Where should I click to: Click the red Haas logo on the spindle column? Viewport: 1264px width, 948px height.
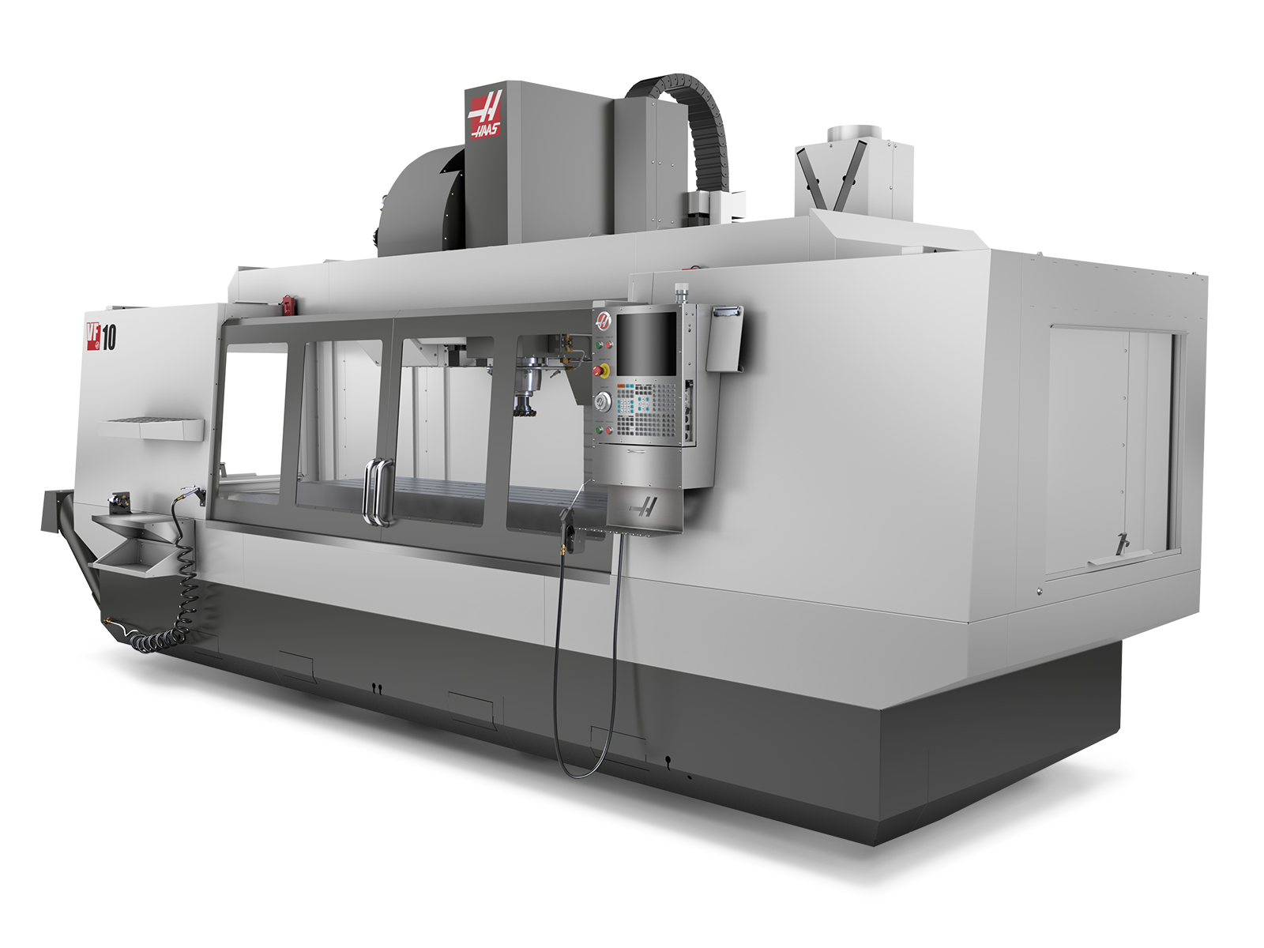[x=487, y=116]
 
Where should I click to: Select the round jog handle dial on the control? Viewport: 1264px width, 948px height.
[x=602, y=402]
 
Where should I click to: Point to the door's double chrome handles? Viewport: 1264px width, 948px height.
[x=377, y=491]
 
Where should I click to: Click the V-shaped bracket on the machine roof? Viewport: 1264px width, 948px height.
[x=826, y=178]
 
